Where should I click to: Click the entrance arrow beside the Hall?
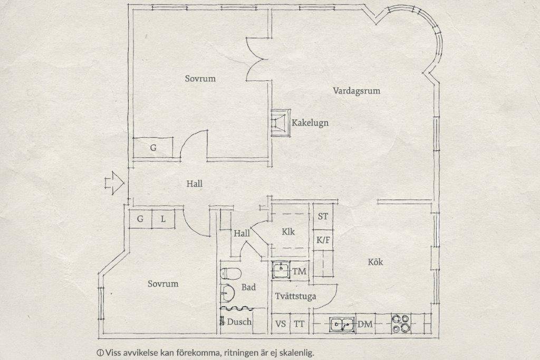pos(114,183)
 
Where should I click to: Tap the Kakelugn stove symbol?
pos(281,123)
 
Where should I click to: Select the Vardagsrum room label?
pos(356,91)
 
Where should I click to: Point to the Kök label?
pos(375,262)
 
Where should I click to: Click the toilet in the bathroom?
pos(230,274)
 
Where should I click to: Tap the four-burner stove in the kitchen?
pos(401,324)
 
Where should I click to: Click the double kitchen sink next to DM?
pos(342,324)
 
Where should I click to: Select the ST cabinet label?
pos(323,217)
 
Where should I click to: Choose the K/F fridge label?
pos(323,240)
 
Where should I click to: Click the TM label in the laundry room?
pos(300,271)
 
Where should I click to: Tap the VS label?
pos(281,324)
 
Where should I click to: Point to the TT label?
pos(299,324)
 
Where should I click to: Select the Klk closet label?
pos(288,231)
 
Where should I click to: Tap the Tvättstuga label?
pos(295,296)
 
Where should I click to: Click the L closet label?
pos(163,219)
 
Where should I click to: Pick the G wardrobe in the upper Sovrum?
pos(153,148)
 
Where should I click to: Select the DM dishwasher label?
pos(365,324)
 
